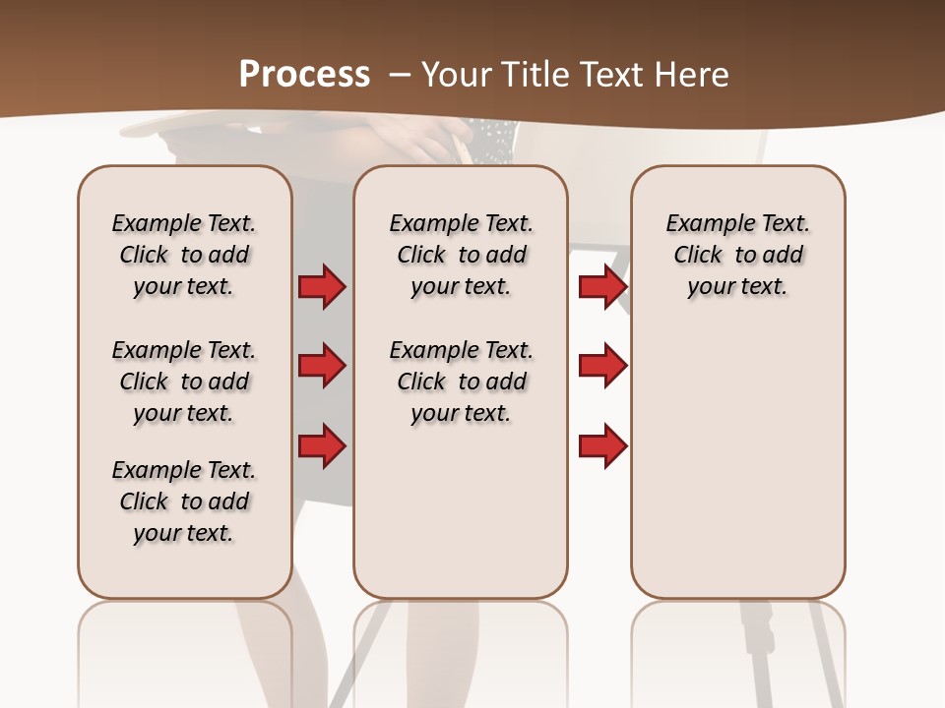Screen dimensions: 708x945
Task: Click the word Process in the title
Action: [x=304, y=74]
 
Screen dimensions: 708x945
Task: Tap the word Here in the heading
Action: [x=692, y=74]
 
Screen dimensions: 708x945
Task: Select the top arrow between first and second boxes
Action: [x=322, y=287]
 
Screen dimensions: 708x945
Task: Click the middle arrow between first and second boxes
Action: [x=322, y=367]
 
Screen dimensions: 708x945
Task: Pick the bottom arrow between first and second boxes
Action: [x=322, y=447]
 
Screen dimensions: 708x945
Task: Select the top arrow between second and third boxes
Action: [x=602, y=287]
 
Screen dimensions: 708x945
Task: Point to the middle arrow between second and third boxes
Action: [x=602, y=367]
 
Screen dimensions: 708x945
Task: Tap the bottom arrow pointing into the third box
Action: [x=602, y=447]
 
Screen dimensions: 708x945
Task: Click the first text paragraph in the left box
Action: [x=184, y=255]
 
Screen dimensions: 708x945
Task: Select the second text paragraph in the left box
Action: [x=184, y=382]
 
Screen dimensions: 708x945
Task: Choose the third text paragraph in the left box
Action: [x=184, y=501]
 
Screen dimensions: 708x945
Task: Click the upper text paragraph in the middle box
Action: [x=461, y=255]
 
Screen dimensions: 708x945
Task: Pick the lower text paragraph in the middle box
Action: [x=461, y=382]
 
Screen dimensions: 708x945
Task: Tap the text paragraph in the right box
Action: [x=738, y=255]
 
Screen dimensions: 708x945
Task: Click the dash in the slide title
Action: [x=401, y=75]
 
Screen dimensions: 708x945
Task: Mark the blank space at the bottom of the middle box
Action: [x=461, y=521]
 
